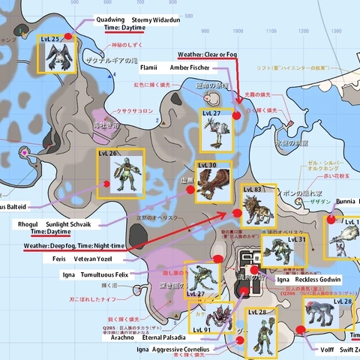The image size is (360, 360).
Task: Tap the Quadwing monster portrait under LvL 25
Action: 57,57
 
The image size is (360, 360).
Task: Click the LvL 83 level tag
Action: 252,190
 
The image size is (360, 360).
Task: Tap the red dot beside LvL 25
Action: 69,36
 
